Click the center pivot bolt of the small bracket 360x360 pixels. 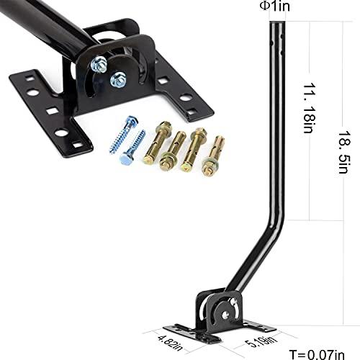point(223,311)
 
